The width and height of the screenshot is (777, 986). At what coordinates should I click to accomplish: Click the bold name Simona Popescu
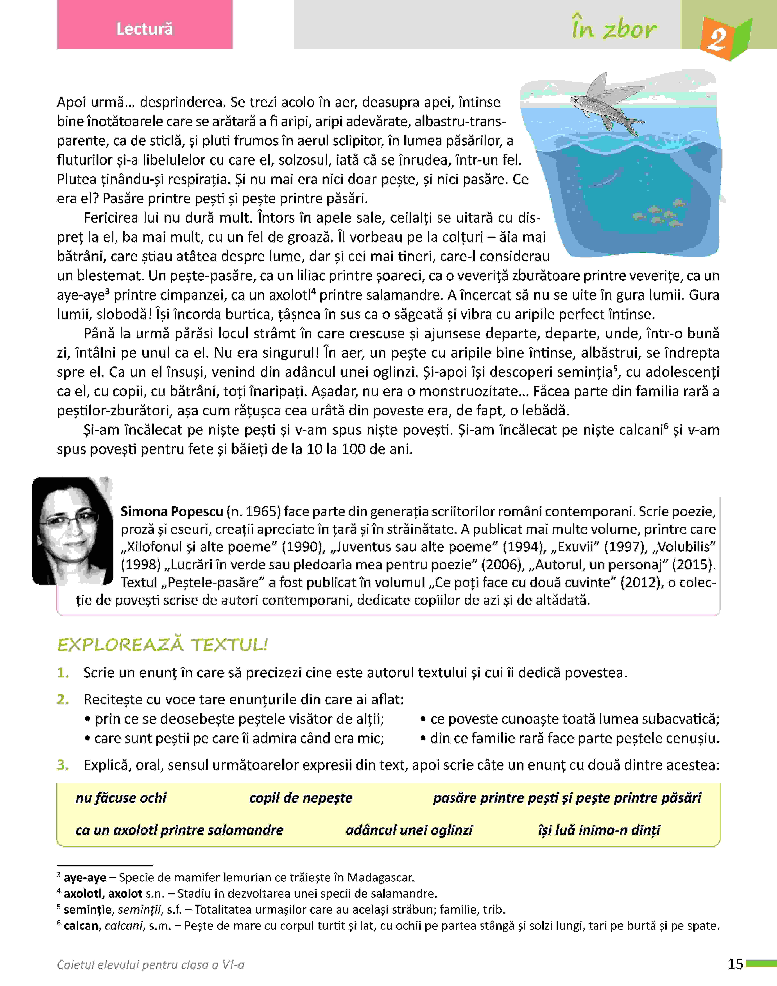(x=172, y=512)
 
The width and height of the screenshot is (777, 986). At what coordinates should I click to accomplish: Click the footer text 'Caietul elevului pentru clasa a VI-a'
(x=151, y=965)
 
